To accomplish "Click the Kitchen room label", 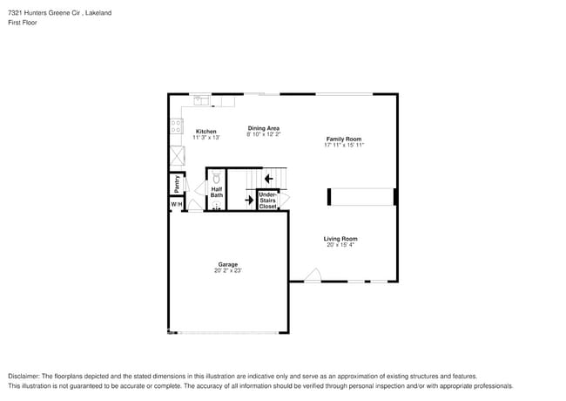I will click(x=206, y=132).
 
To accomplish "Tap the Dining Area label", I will click(x=263, y=128).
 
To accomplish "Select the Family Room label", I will click(x=344, y=139).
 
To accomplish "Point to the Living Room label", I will click(x=340, y=239).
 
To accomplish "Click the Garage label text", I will click(x=227, y=264).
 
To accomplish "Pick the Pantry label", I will click(x=176, y=183).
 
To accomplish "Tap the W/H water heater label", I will click(x=176, y=204).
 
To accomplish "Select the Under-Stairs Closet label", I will click(x=267, y=200).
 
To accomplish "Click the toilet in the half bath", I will click(x=217, y=178).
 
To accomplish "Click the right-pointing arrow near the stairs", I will click(x=248, y=200).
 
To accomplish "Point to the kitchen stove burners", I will click(x=177, y=127).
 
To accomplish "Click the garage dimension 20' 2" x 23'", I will click(x=227, y=271).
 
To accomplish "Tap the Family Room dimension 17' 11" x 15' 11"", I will click(x=344, y=145).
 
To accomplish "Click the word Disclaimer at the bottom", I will click(x=25, y=376).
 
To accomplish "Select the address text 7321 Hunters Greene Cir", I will click(x=44, y=13).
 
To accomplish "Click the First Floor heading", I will click(x=23, y=23).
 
